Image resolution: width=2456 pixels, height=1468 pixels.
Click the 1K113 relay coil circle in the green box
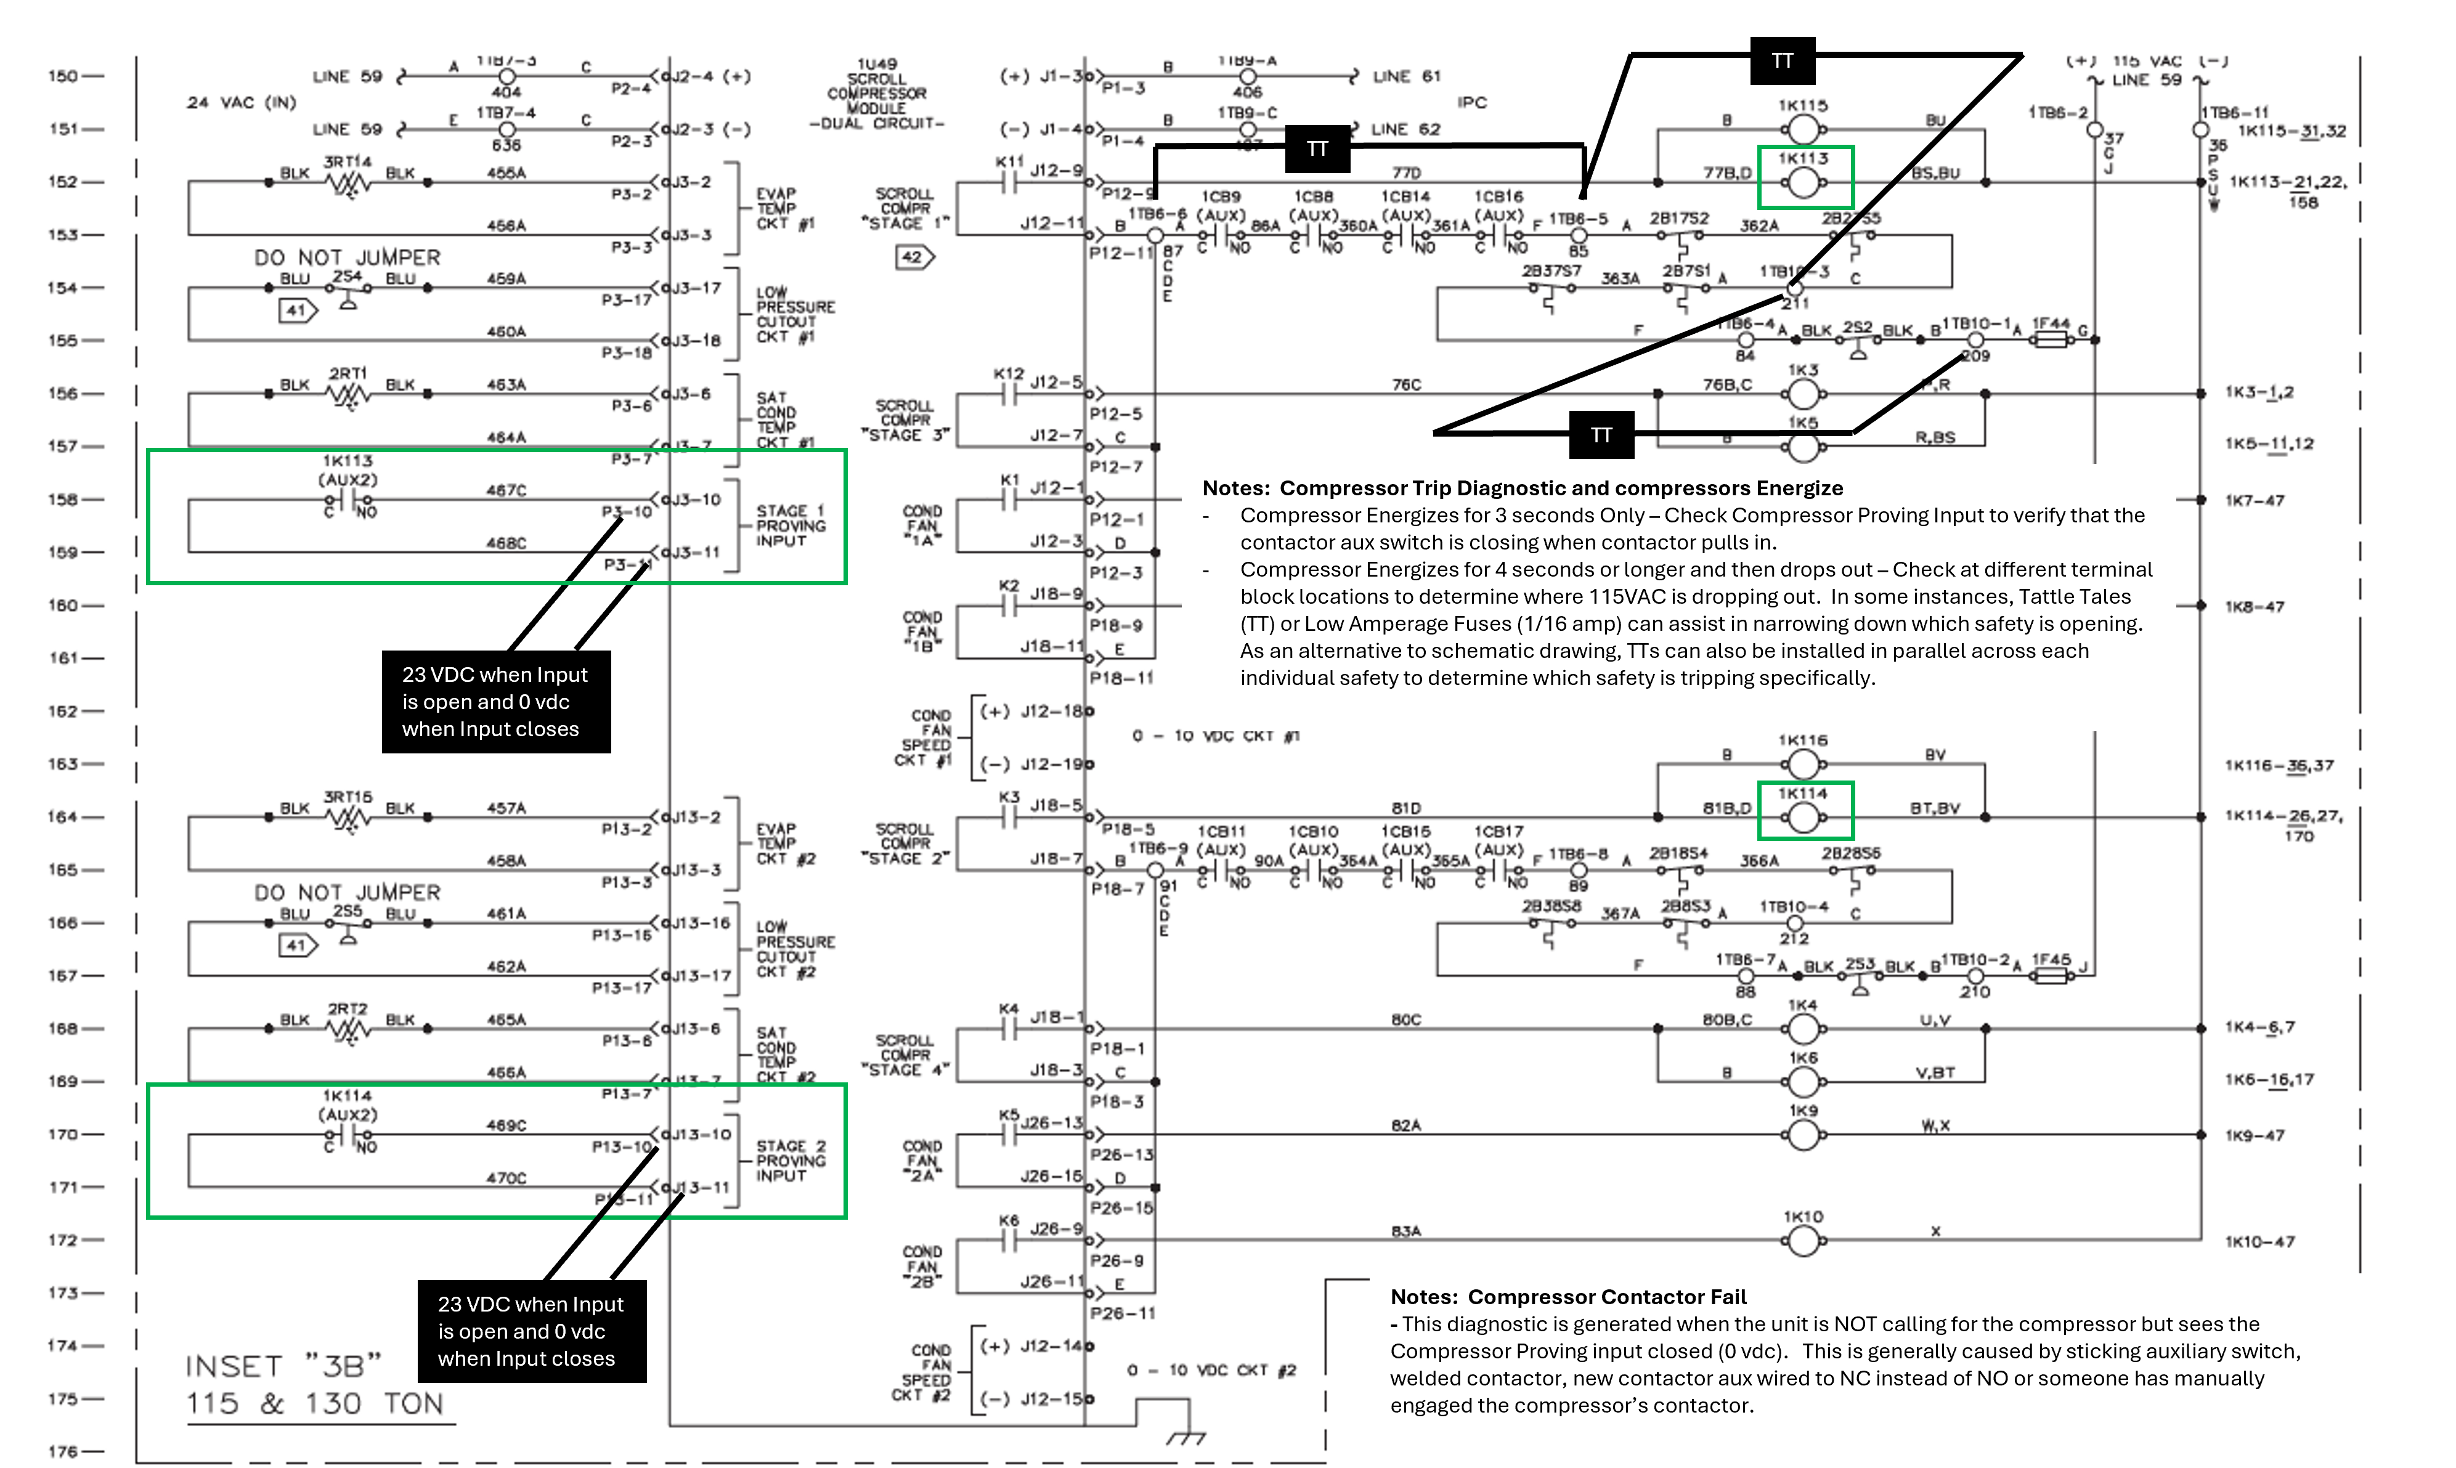(x=1803, y=182)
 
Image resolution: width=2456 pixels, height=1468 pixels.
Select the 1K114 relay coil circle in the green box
(x=1803, y=817)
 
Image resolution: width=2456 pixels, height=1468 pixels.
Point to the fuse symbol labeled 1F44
(x=2049, y=339)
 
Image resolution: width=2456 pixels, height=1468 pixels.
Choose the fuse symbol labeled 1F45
(x=2049, y=975)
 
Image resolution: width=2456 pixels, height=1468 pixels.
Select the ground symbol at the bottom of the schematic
(x=1185, y=1437)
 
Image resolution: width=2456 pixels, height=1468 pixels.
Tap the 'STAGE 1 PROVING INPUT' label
(x=791, y=525)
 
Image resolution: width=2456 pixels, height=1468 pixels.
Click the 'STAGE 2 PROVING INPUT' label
(x=791, y=1161)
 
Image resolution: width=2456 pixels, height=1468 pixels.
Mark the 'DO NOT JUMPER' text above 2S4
(x=347, y=258)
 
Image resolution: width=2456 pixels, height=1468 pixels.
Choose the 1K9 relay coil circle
(x=1803, y=1135)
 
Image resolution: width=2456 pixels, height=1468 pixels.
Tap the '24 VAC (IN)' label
(x=242, y=103)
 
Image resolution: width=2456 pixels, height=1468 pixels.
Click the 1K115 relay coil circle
(x=1803, y=129)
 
